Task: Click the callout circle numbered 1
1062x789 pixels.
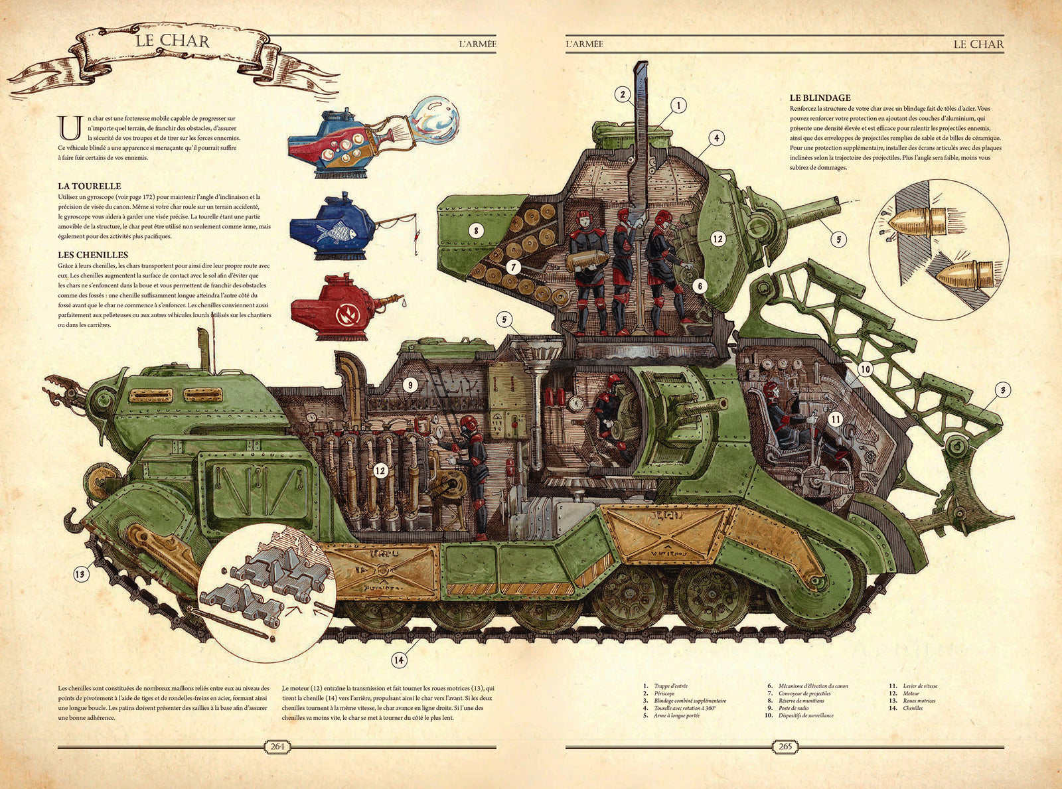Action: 678,105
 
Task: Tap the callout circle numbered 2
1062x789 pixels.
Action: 623,95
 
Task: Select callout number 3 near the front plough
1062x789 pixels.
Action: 1003,390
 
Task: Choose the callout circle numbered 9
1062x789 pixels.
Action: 410,384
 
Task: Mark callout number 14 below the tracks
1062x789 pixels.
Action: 398,660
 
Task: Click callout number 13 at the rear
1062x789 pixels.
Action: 81,573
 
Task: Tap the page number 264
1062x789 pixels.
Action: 277,747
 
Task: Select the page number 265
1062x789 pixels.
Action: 785,747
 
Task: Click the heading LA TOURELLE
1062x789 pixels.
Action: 90,186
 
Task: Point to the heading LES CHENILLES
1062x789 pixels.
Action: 93,255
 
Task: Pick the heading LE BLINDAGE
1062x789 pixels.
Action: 820,98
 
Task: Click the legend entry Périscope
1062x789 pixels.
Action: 664,693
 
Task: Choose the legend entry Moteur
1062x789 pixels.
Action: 911,693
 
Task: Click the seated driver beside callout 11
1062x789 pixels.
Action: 783,418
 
